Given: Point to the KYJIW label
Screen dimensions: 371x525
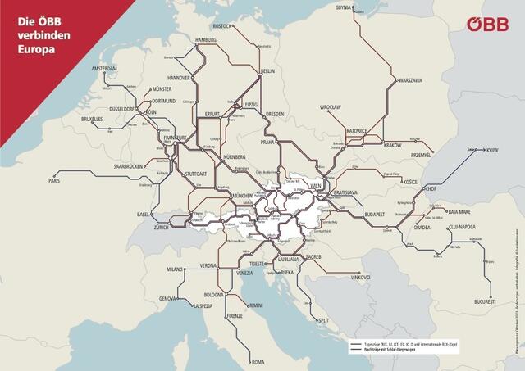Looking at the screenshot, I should coord(491,151).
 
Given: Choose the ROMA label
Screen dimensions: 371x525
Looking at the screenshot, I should coord(258,361).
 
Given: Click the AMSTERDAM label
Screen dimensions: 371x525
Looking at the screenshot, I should coord(104,68).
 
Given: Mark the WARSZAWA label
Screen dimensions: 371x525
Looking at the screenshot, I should coord(409,80).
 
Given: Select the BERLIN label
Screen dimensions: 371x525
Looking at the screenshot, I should coord(267,71).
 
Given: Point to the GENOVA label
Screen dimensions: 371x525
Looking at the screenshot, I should coord(168,299).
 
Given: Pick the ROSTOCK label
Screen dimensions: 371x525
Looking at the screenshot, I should coord(222,26).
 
